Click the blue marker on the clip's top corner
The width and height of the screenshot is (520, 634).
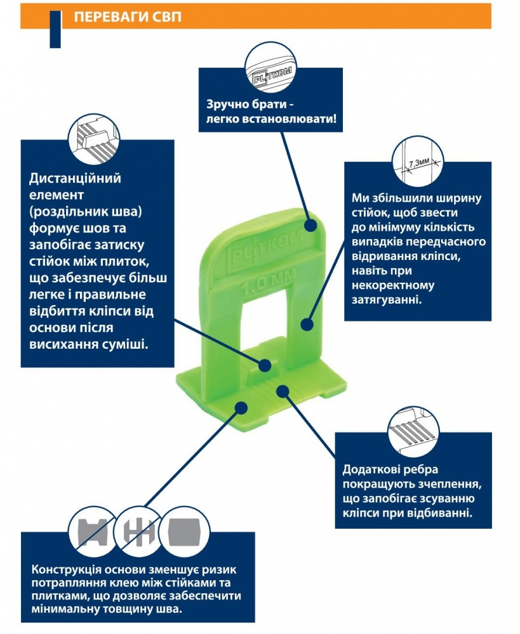point(310,224)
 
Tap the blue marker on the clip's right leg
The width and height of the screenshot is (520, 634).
point(307,325)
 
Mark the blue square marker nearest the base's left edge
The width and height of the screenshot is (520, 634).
point(241,405)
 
